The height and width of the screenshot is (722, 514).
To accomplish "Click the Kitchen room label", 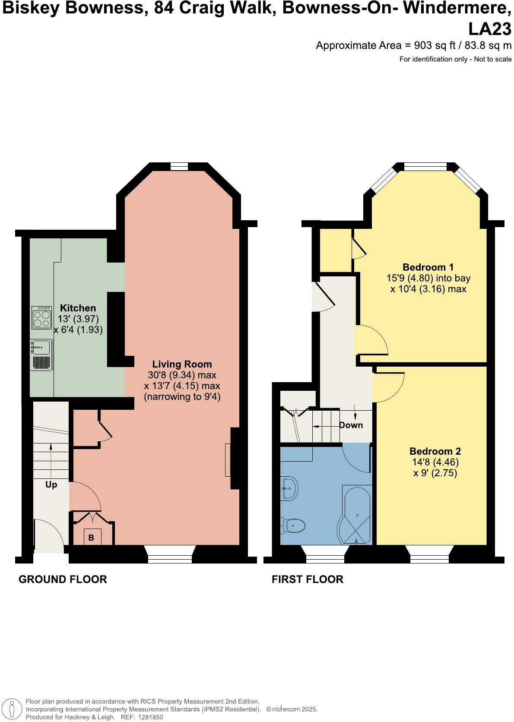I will coord(78,308).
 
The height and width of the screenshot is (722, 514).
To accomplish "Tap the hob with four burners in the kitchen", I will coord(41,318).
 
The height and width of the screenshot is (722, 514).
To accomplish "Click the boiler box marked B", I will coord(92,537).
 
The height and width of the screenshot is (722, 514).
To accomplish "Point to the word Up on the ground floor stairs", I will coord(51,484).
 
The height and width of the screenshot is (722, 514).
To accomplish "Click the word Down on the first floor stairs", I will coord(351,425).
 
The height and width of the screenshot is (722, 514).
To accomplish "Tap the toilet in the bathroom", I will coord(293,526).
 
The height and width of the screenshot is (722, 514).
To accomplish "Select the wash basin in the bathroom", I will coord(289,488).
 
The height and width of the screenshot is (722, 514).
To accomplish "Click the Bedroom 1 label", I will coord(428,267).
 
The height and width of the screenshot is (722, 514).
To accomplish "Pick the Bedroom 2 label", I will coord(435,451).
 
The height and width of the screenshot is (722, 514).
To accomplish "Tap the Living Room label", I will coord(182,364).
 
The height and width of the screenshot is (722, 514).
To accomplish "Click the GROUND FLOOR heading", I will coord(63,579).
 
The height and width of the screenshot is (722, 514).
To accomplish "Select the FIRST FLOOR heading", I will coord(307,579).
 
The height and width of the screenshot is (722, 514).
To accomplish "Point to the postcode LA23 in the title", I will coord(490,29).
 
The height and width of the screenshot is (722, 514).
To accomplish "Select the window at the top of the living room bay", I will coord(179,166).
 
